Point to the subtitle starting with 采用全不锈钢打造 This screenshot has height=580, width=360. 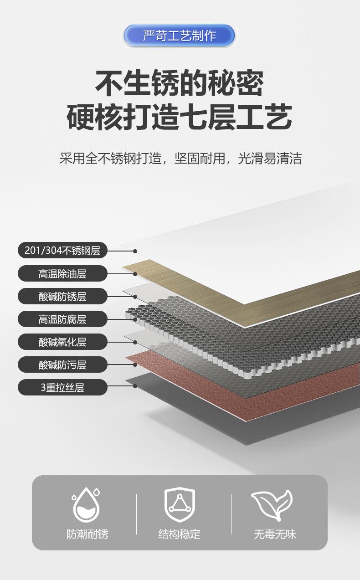[180, 159]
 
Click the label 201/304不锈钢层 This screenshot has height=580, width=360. [62, 251]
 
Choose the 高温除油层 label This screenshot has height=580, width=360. [62, 273]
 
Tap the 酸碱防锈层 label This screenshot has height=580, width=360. [62, 297]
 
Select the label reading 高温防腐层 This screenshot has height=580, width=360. [62, 319]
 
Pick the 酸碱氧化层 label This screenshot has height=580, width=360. [62, 342]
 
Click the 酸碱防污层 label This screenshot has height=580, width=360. [62, 364]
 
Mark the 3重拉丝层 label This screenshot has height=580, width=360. [62, 387]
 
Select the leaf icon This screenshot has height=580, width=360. [272, 504]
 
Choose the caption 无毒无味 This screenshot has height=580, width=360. [275, 534]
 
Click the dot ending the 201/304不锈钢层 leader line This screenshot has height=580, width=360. [135, 251]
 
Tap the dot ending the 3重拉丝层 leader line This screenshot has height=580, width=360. [135, 386]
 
